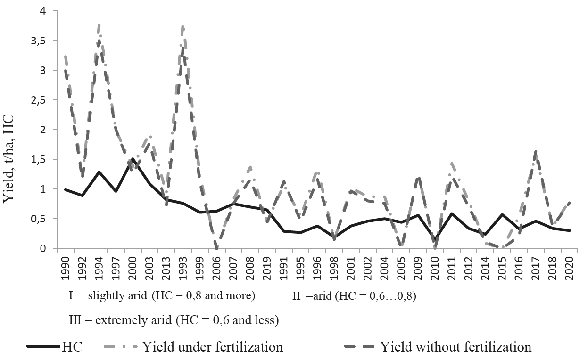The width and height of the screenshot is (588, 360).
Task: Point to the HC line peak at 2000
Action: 133,159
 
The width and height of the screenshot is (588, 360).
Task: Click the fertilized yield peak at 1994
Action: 99,25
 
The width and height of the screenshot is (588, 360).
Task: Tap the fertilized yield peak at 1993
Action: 183,26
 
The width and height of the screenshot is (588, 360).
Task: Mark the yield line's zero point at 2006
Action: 216,248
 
